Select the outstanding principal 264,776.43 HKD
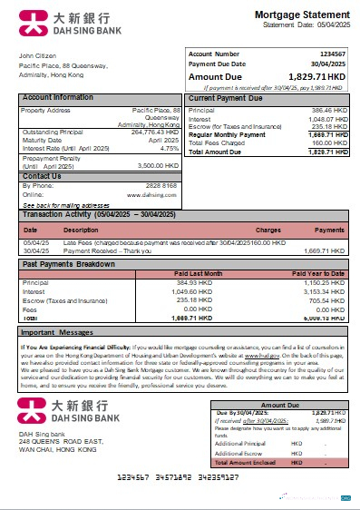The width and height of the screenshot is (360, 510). [x=152, y=132]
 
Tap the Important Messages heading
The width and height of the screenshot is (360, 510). [x=61, y=334]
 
